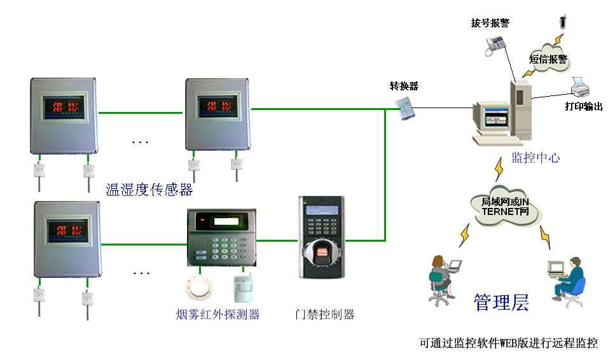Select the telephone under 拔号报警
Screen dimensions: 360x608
click(x=495, y=43)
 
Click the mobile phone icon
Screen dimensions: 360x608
click(x=563, y=21)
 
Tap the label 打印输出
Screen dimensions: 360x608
click(x=583, y=106)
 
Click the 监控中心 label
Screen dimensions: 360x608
click(x=535, y=157)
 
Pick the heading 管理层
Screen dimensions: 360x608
click(x=501, y=302)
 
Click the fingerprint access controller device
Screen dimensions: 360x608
click(x=321, y=236)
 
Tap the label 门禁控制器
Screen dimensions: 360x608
click(x=325, y=314)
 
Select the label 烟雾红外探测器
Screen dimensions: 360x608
click(x=218, y=314)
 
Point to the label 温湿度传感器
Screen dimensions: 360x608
click(x=149, y=190)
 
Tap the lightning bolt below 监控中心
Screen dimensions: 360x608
click(x=499, y=170)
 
